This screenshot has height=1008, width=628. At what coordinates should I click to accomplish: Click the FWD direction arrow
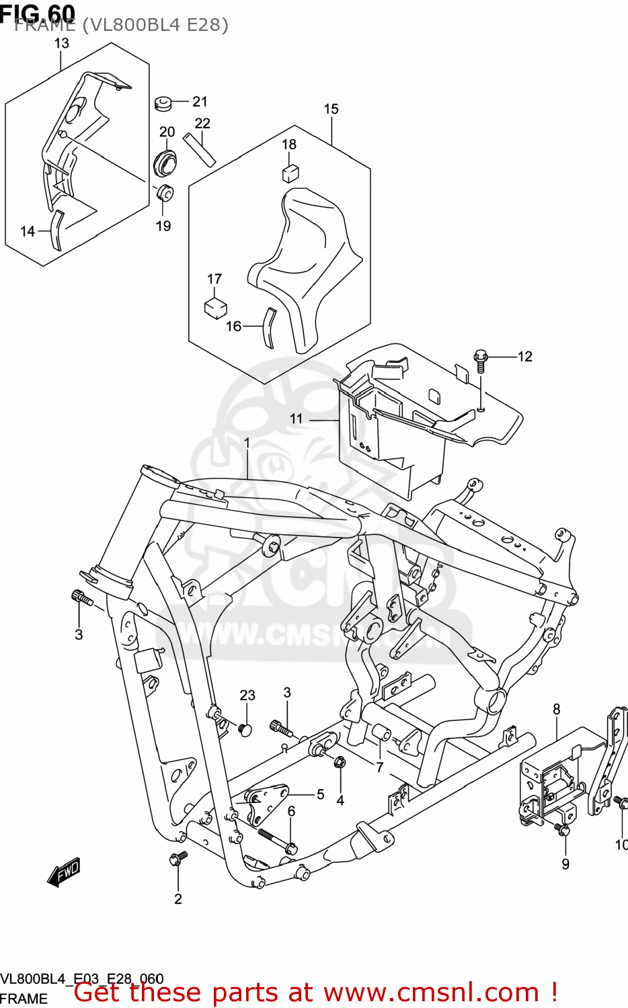pos(64,872)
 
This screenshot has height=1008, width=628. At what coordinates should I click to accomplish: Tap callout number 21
pos(200,101)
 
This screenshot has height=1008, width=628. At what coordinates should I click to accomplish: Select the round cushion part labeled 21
pos(162,103)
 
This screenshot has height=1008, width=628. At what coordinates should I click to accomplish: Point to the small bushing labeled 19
pos(164,192)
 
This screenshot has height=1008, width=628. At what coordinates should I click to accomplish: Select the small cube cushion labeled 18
pos(290,173)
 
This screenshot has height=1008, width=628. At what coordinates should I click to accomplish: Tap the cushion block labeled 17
pos(215,308)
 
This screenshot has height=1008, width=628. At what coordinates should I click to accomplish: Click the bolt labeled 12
pos(480,359)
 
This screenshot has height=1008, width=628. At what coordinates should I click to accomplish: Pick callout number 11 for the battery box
pos(297,419)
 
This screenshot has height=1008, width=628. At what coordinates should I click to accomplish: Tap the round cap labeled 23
pos(245,728)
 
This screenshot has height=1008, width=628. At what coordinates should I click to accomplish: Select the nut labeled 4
pos(340,763)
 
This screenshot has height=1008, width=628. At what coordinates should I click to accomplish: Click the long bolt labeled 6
pos(276,840)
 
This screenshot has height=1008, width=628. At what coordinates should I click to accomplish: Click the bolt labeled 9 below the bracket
pos(563,831)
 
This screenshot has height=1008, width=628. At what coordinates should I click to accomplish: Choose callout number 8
pos(557,709)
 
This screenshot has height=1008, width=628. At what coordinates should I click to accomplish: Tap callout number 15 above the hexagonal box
pos(331,109)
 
